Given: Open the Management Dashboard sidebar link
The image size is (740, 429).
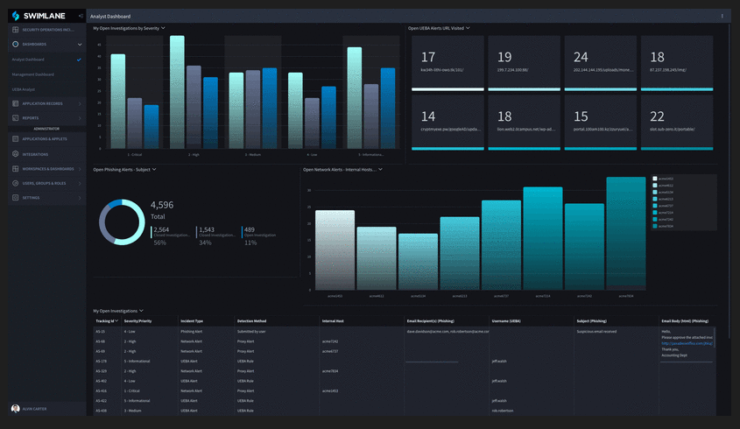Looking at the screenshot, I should pos(33,74).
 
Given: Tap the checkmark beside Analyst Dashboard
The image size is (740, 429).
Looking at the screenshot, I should pos(79,60).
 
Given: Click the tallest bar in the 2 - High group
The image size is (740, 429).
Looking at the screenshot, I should pos(177,92).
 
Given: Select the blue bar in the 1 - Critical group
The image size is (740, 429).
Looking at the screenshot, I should pos(152,126).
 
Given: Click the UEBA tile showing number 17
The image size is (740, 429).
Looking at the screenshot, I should pos(447,62).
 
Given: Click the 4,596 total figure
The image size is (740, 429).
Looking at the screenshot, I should pos(162,205).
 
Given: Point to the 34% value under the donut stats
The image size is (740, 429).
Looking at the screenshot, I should pos(205,243).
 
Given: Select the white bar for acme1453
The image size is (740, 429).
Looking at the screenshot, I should pos(335,250).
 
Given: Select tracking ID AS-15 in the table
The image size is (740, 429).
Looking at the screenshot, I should pos(101,332).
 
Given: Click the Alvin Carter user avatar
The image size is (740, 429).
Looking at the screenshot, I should pos(15,408).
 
